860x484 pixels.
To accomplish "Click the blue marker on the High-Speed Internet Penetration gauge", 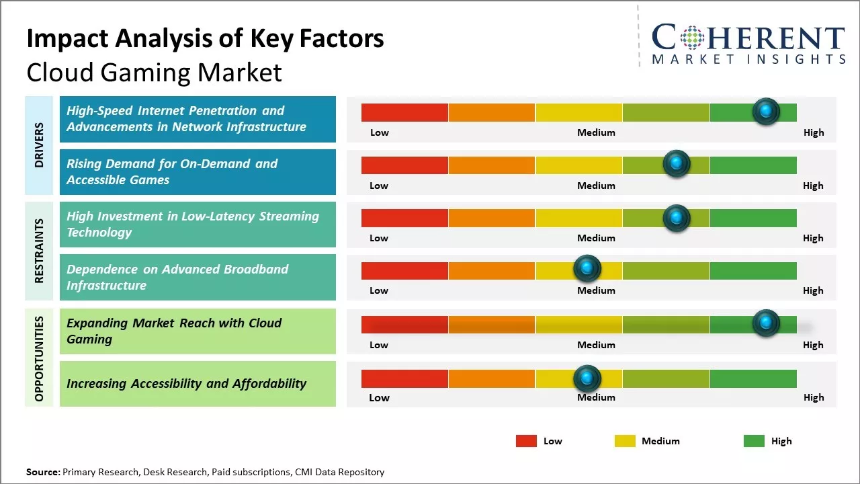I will point(766,111).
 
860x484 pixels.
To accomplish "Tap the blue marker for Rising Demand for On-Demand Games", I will point(677,163).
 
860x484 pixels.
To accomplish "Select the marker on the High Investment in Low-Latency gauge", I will point(677,218).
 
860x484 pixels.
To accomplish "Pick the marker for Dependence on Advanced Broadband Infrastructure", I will point(587,269).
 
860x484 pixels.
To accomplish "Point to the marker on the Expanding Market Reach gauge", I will point(766,323).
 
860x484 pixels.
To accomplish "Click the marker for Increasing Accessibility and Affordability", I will point(587,379).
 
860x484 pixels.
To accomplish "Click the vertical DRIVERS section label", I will point(39,145).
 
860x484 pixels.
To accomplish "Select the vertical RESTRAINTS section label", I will point(39,250).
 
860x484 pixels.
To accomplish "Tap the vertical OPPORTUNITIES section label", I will point(39,358).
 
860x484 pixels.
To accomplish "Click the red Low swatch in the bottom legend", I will point(526,441).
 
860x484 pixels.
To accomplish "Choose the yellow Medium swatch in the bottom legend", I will point(625,441).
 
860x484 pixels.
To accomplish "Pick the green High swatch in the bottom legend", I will point(754,441).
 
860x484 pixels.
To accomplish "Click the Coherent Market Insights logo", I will point(748,44).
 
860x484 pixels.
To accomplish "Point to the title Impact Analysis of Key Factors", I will point(205,39).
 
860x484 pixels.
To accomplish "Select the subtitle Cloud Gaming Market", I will point(154,73).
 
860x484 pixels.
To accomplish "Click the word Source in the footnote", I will point(42,472).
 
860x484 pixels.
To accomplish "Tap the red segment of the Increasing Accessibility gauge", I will point(404,378).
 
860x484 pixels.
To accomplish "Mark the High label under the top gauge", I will point(814,132).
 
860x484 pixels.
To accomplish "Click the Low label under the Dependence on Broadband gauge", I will point(379,290).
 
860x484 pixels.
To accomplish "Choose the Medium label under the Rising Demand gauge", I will point(596,186).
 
